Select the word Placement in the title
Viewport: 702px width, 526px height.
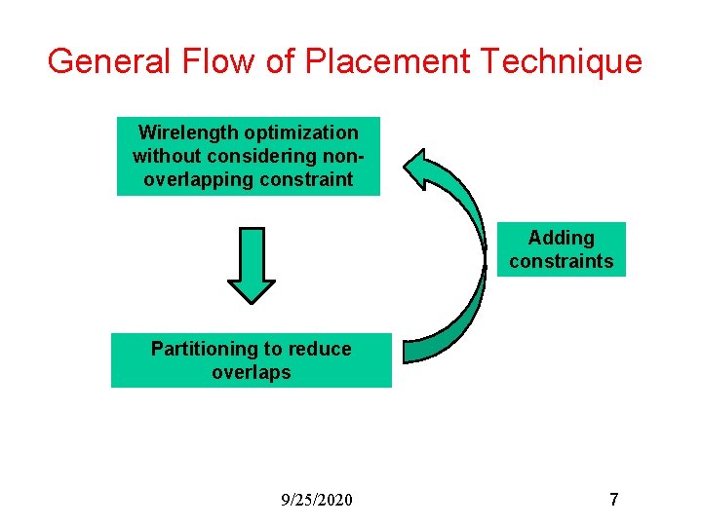click(x=391, y=61)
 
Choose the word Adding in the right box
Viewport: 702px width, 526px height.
click(x=561, y=238)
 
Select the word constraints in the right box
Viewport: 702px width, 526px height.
click(x=561, y=261)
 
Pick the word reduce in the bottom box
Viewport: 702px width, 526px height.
click(x=323, y=349)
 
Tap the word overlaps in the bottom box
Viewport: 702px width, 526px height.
click(x=251, y=372)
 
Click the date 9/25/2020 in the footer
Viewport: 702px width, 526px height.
click(x=317, y=501)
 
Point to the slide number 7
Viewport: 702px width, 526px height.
click(x=613, y=500)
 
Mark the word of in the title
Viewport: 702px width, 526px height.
click(x=278, y=61)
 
